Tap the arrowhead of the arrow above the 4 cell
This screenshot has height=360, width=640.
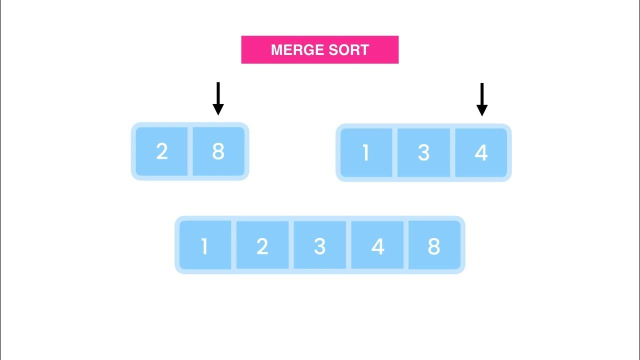[x=482, y=109]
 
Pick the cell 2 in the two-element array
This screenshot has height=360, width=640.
[x=161, y=151]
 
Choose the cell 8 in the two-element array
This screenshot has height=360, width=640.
[x=218, y=151]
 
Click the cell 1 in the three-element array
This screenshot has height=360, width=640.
[x=366, y=152]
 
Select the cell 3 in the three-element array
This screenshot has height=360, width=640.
[x=423, y=152]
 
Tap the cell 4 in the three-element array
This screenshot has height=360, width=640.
[x=481, y=152]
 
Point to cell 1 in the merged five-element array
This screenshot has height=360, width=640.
[x=204, y=245]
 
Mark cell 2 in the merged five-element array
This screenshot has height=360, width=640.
[x=262, y=245]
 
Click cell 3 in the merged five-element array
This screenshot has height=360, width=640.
[x=319, y=245]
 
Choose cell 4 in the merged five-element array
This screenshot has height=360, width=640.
[x=377, y=245]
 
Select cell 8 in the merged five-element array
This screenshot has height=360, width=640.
[x=434, y=245]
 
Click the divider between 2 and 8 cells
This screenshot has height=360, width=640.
[x=190, y=151]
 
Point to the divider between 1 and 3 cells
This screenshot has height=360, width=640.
[x=395, y=152]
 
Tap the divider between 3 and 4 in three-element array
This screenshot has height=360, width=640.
[x=452, y=152]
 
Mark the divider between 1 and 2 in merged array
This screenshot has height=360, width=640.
[x=233, y=245]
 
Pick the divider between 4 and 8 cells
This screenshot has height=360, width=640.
[x=406, y=245]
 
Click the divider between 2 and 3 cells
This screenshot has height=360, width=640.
[x=291, y=245]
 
